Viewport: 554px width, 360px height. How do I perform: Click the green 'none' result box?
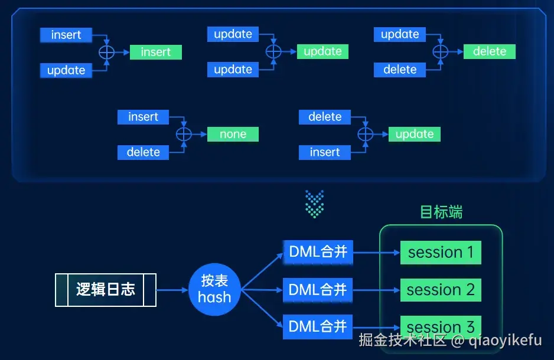tap(233, 134)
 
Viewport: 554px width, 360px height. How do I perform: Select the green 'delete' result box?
tap(490, 51)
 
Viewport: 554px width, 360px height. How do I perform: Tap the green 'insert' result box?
tap(156, 52)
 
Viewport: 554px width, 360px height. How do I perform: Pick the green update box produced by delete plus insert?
tap(414, 134)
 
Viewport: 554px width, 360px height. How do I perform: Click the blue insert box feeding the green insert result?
tap(66, 35)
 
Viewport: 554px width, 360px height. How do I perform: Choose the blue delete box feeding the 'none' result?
tap(143, 152)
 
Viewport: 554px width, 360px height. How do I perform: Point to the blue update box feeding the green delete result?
tap(400, 34)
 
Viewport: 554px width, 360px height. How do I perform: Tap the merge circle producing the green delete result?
tap(440, 51)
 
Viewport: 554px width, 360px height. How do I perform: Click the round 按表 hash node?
tap(214, 289)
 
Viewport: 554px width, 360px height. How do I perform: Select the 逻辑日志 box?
tap(106, 290)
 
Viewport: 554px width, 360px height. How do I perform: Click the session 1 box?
tap(441, 253)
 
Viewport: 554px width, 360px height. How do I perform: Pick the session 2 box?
tap(441, 290)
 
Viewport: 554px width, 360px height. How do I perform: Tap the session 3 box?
tap(441, 326)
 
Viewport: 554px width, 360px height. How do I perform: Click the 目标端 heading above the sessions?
tap(441, 212)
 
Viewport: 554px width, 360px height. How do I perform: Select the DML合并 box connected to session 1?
tap(318, 253)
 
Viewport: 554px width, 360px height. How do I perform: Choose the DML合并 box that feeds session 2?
tap(318, 290)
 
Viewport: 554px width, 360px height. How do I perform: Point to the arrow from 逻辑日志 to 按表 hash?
tap(172, 290)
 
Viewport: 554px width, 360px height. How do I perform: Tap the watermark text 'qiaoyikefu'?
tap(506, 341)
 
